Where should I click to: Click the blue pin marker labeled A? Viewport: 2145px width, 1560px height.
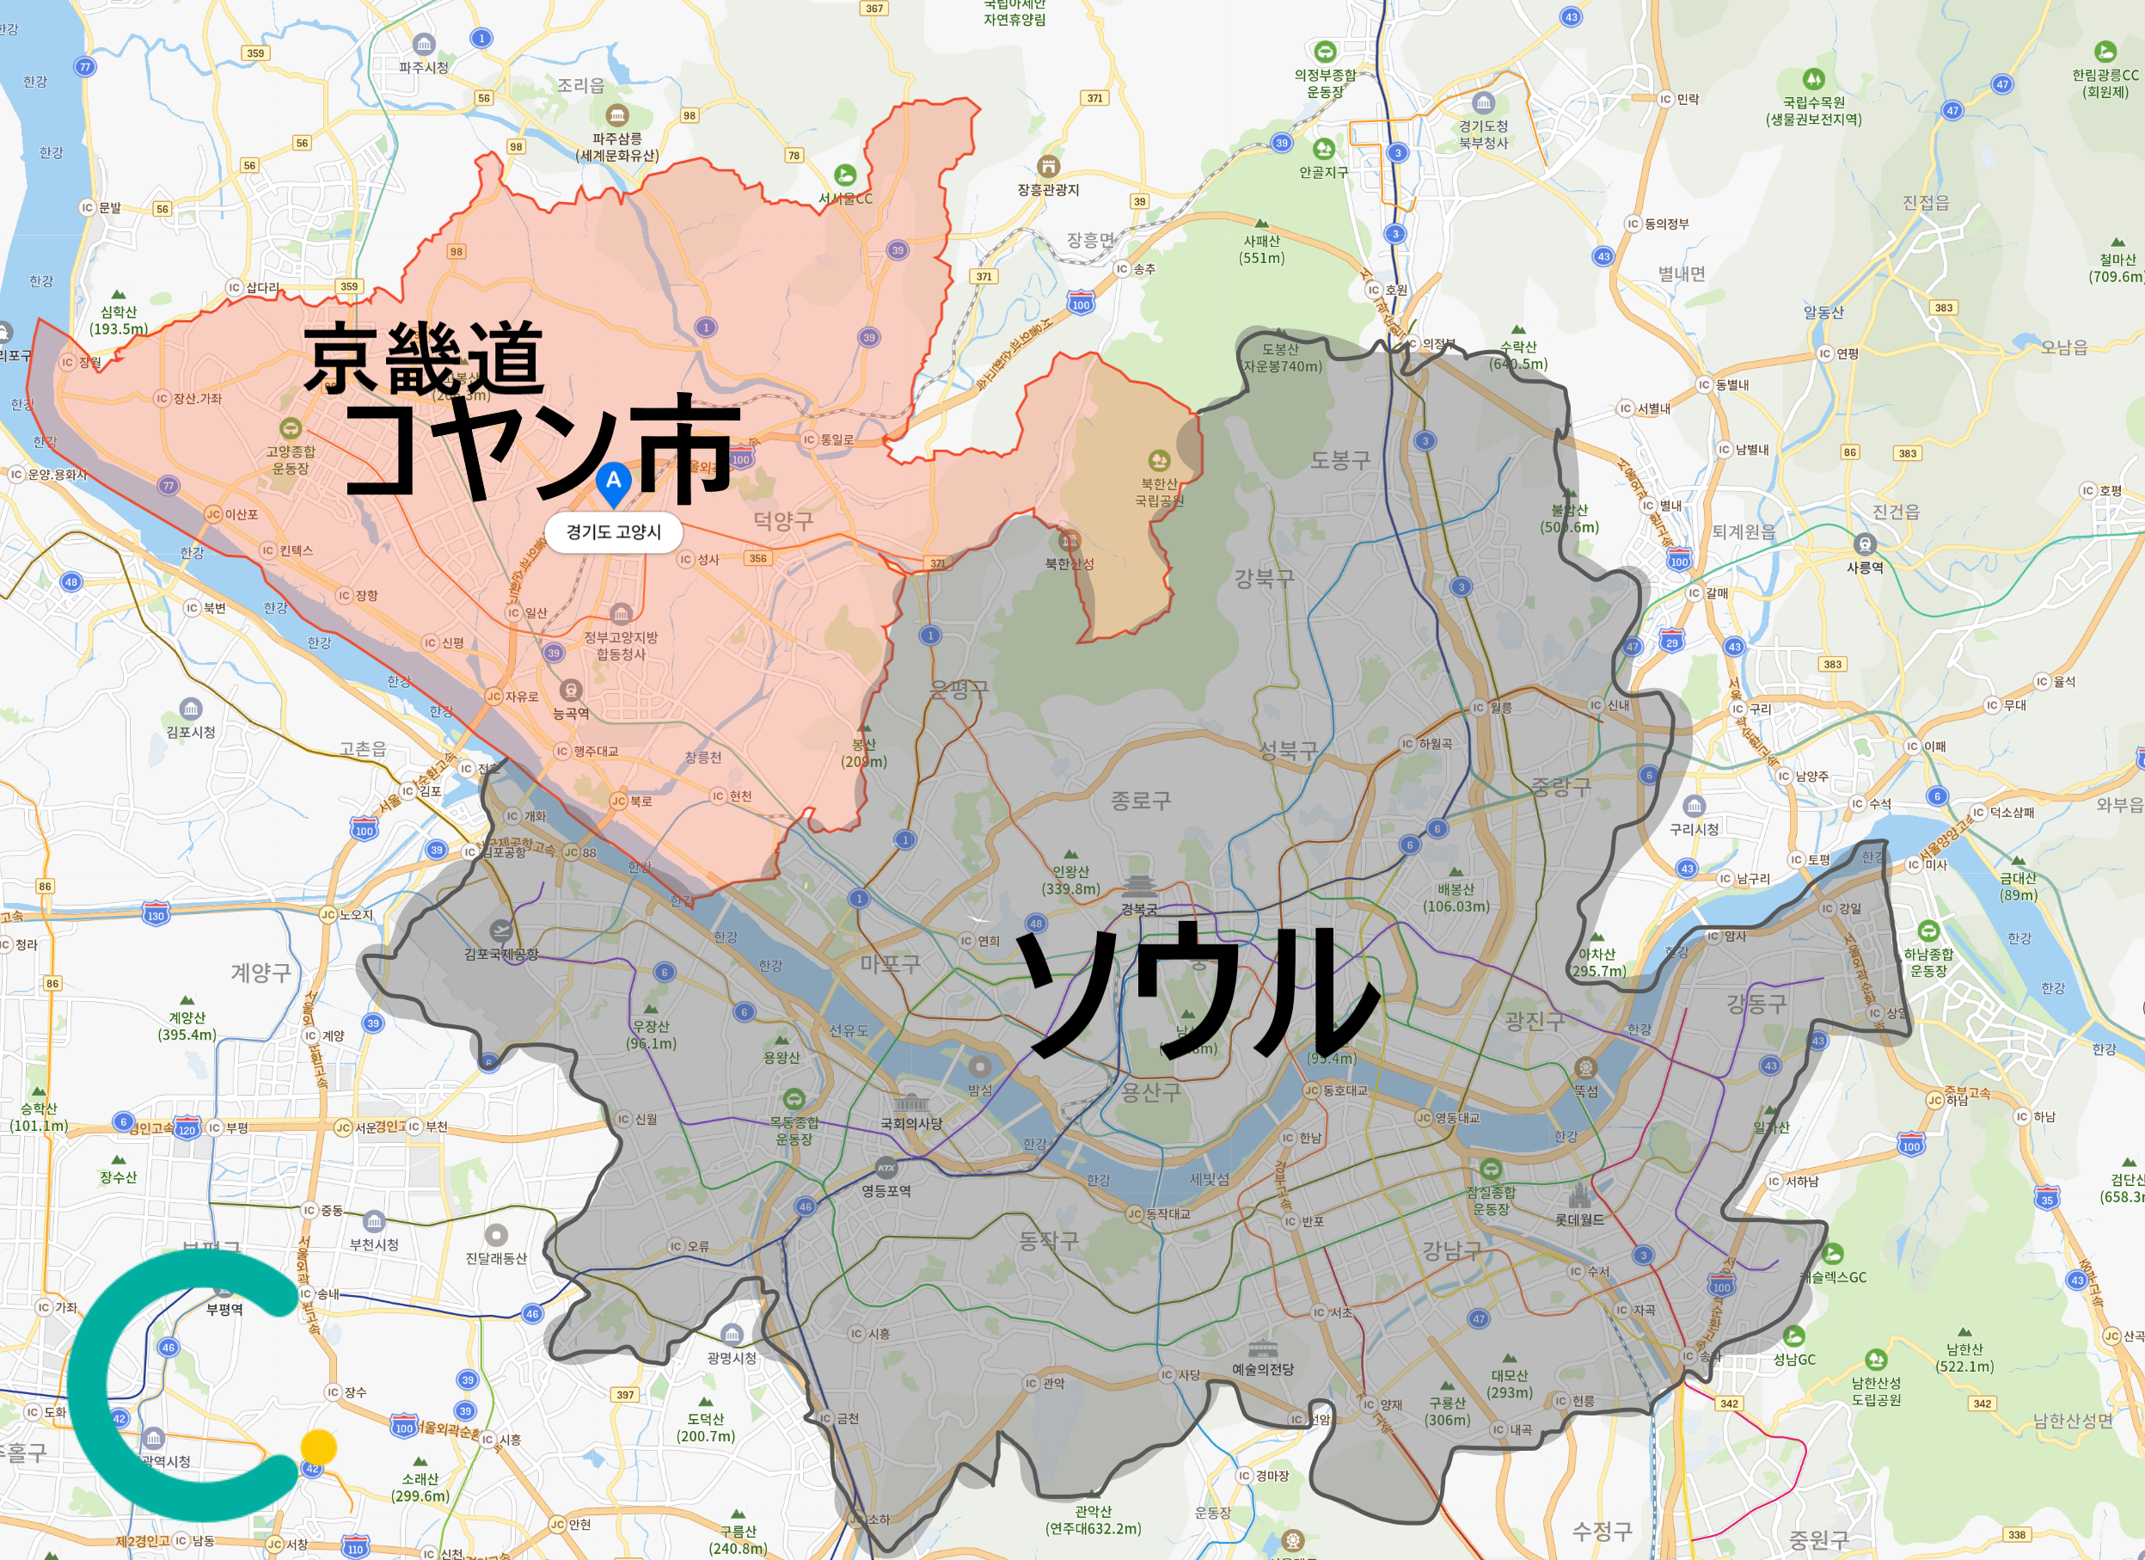pos(613,482)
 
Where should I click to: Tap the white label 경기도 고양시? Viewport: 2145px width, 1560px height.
pos(613,531)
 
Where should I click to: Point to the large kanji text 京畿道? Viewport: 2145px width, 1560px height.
pos(424,359)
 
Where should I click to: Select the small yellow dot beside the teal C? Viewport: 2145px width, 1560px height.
pos(319,1446)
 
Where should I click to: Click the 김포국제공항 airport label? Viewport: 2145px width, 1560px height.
pos(500,954)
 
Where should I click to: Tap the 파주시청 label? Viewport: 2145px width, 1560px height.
pos(424,67)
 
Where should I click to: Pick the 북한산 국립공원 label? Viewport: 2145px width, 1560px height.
pos(1159,492)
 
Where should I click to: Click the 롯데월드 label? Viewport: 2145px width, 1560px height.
pos(1579,1219)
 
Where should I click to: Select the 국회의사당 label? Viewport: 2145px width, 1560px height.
pos(910,1123)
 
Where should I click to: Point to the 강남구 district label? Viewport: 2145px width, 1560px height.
pos(1452,1250)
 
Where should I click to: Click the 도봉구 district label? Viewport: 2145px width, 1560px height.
pos(1339,461)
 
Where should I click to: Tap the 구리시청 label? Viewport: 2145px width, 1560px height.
pos(1694,829)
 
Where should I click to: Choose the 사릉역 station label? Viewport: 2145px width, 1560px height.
pos(1864,567)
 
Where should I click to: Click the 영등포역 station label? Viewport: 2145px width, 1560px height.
pos(886,1190)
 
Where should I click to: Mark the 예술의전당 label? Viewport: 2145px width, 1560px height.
pos(1263,1369)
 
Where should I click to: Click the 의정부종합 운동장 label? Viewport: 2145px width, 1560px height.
pos(1324,83)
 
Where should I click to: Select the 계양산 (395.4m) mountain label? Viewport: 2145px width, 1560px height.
pos(187,1025)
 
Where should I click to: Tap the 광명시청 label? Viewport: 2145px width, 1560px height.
pos(731,1358)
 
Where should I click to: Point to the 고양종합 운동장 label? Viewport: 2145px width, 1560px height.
pos(291,460)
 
